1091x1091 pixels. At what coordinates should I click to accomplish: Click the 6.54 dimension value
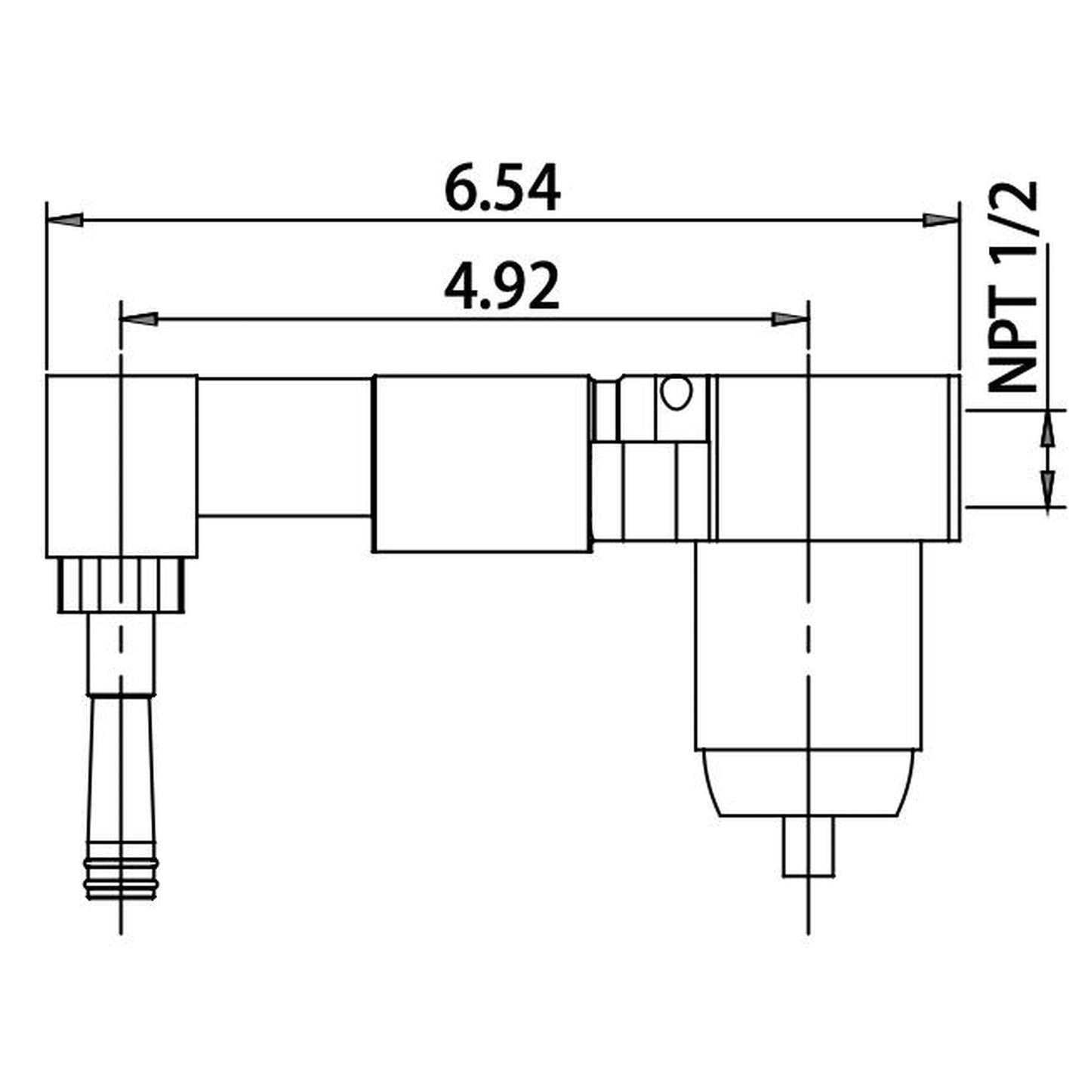point(502,188)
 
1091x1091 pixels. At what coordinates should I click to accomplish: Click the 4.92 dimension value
point(502,288)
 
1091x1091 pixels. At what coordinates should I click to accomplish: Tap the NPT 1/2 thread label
point(1013,287)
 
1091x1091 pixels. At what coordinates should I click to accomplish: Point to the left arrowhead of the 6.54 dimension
point(65,220)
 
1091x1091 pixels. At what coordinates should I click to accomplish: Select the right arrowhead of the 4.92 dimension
point(789,319)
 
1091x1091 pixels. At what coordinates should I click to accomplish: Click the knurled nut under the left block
point(122,586)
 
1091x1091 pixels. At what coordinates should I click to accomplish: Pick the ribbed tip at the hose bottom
point(121,880)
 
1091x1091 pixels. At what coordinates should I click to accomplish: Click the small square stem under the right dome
point(809,846)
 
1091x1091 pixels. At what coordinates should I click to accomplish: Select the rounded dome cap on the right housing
point(809,783)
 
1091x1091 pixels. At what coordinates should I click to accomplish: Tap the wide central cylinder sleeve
point(482,463)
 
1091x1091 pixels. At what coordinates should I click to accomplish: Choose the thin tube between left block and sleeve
point(285,447)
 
